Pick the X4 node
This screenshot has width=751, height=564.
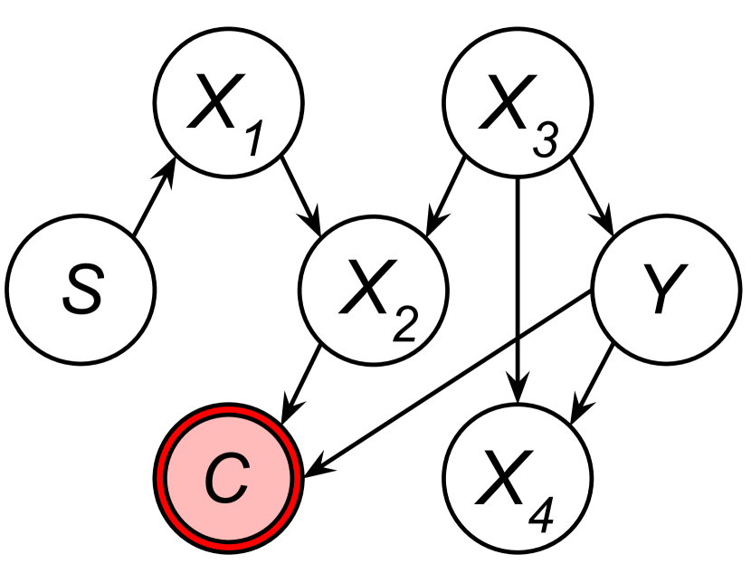[x=517, y=477]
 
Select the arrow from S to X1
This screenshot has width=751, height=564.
[x=153, y=202]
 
